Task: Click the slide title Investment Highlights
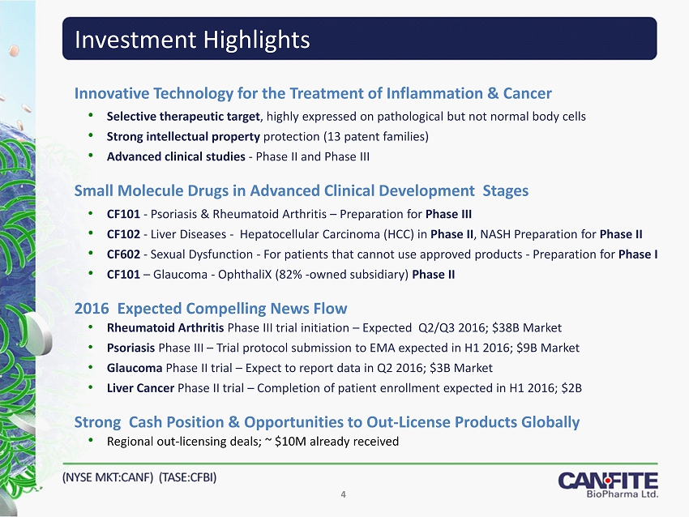click(x=191, y=39)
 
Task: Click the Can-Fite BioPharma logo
click(x=608, y=484)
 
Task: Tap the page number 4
click(x=344, y=495)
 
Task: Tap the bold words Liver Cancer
click(x=140, y=387)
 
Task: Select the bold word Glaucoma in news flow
click(x=134, y=368)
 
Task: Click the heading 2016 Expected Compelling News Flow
click(x=211, y=308)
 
